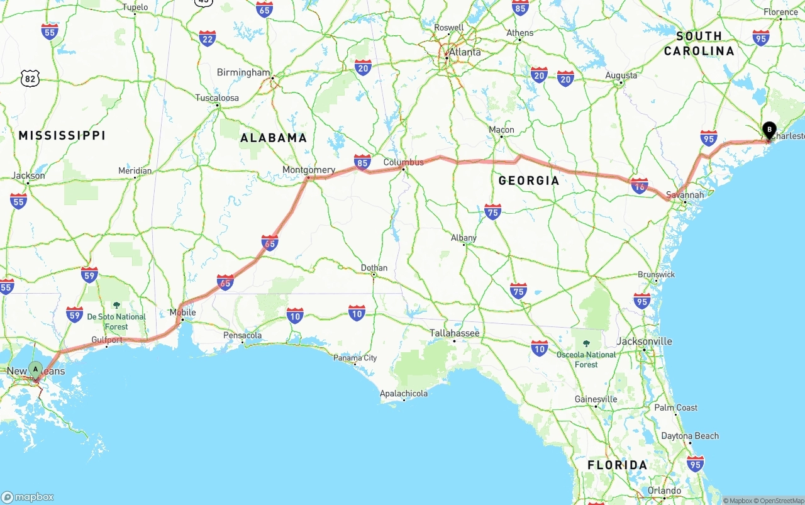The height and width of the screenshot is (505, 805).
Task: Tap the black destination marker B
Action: (769, 130)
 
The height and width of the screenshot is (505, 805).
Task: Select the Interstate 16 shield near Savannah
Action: (640, 186)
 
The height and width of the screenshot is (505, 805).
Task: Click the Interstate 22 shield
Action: (207, 38)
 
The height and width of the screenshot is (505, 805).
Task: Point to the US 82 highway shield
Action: (30, 78)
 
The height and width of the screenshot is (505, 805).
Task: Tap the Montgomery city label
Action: (309, 170)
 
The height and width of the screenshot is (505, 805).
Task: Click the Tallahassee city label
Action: (454, 333)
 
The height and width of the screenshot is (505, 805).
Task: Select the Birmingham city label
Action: (243, 72)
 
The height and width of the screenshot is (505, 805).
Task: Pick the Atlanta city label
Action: (465, 52)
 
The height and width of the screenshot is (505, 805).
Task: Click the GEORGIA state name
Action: (528, 180)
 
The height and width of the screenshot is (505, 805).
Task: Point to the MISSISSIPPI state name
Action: (62, 135)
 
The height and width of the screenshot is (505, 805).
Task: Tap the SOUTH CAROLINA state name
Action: (699, 43)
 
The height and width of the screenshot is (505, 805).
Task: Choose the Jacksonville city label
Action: (644, 341)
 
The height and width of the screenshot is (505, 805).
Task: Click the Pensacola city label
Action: (242, 335)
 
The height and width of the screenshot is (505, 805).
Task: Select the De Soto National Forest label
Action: (116, 321)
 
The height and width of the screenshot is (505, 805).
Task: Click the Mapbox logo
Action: (28, 497)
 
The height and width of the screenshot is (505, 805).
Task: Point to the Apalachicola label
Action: (404, 394)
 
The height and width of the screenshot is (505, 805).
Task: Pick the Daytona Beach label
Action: (690, 436)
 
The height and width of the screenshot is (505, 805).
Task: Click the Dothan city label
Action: (374, 268)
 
